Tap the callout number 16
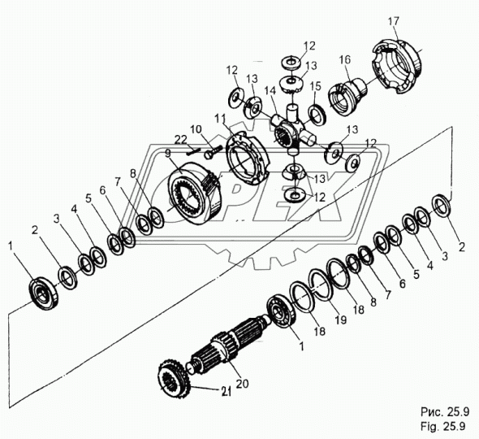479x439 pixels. coord(345,60)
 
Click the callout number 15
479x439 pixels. coord(315,85)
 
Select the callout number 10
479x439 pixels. coord(196,129)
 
